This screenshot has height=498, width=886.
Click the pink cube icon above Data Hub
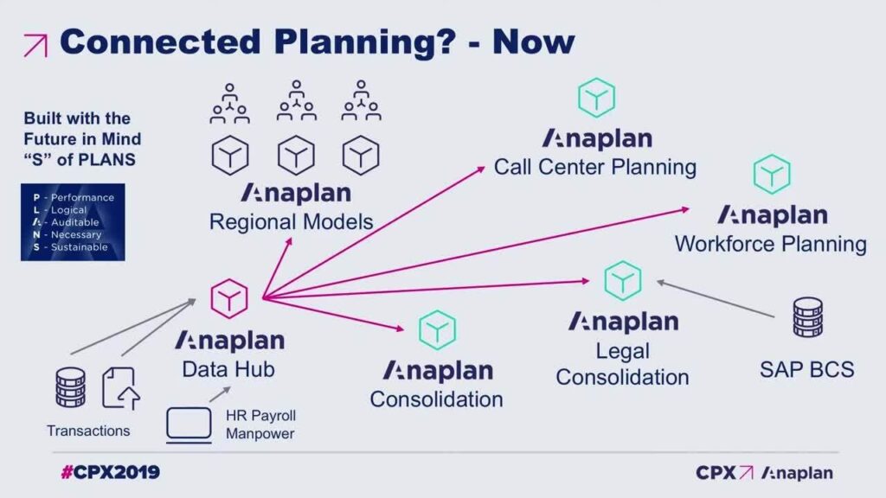coord(228,298)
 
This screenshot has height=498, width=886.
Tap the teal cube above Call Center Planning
coord(596,98)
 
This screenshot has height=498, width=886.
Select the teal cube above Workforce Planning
coord(771,175)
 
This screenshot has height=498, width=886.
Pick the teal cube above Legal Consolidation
coord(622,281)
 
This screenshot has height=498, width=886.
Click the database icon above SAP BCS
coord(807,317)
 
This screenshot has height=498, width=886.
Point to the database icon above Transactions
coord(71,387)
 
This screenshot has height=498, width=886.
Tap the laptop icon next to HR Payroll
coord(189,425)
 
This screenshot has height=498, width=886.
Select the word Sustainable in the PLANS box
coord(79,247)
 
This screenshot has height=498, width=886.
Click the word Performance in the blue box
coord(82,198)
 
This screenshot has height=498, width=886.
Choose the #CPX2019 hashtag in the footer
coord(110,472)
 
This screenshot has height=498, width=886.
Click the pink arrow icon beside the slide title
coord(35,46)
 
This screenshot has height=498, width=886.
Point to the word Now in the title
coord(533,41)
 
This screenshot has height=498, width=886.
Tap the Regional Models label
coord(291,222)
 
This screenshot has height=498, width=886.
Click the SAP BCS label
coord(807,370)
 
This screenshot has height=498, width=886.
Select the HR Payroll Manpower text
coord(260,425)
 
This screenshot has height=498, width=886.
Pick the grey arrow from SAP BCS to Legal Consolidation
coord(715,298)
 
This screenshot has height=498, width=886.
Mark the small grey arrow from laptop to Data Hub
coord(220,394)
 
